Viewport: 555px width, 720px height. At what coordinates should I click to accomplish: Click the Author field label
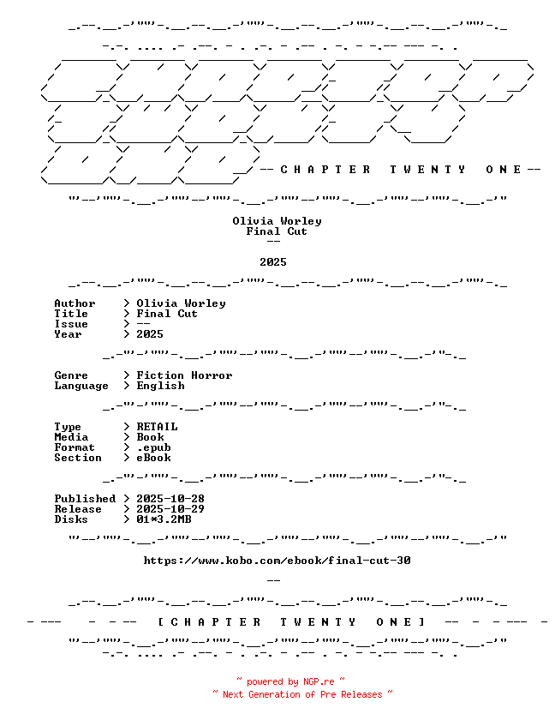[75, 303]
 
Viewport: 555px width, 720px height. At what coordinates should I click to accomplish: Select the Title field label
[71, 314]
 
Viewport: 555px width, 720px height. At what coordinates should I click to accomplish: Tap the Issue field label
[71, 324]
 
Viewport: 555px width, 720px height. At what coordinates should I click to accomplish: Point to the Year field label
[68, 334]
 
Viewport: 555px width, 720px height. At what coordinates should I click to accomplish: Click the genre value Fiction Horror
[184, 375]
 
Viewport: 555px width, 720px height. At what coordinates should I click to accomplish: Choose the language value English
[160, 386]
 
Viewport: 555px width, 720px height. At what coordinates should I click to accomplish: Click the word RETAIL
[157, 427]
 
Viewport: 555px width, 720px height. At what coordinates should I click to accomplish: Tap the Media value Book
[150, 437]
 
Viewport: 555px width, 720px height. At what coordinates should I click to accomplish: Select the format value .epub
[153, 447]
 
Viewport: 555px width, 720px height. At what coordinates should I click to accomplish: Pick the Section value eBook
[153, 458]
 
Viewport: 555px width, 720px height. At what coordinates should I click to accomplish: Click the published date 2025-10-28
[170, 499]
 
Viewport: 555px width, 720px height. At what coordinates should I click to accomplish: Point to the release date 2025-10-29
[170, 509]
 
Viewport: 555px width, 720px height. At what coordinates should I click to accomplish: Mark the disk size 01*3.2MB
[164, 519]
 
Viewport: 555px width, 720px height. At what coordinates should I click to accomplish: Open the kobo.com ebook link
[277, 561]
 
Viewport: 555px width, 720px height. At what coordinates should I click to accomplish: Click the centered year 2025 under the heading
[273, 262]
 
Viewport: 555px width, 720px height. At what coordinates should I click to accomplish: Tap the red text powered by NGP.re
[291, 682]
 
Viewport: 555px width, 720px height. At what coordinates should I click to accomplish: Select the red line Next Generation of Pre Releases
[302, 694]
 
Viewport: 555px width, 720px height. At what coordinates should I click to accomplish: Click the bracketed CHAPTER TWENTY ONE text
[291, 622]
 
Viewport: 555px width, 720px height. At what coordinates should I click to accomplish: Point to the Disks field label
[71, 519]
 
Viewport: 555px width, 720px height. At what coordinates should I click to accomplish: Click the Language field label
[81, 386]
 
